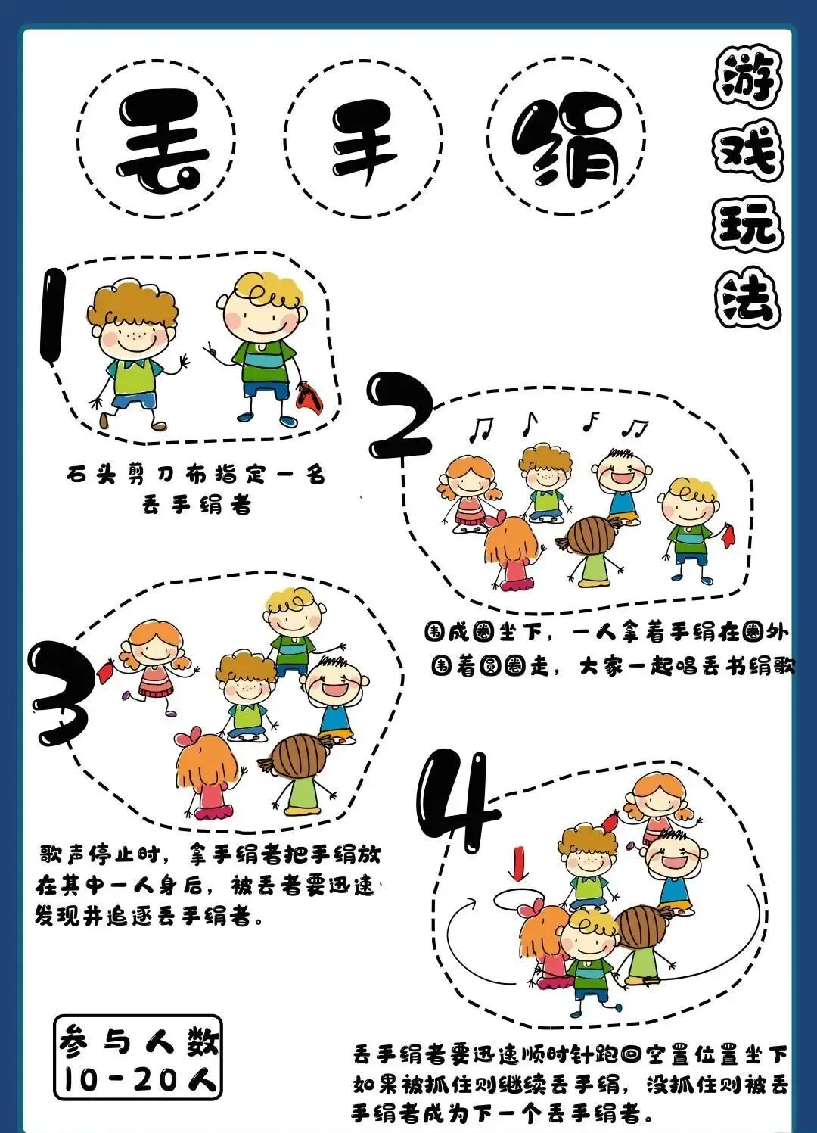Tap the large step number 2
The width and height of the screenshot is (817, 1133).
400,415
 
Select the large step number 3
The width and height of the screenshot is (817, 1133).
61,693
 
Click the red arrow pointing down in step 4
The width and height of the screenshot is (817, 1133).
517,865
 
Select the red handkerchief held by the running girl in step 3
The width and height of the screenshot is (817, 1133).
105,672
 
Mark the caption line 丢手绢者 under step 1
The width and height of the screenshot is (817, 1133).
197,505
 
